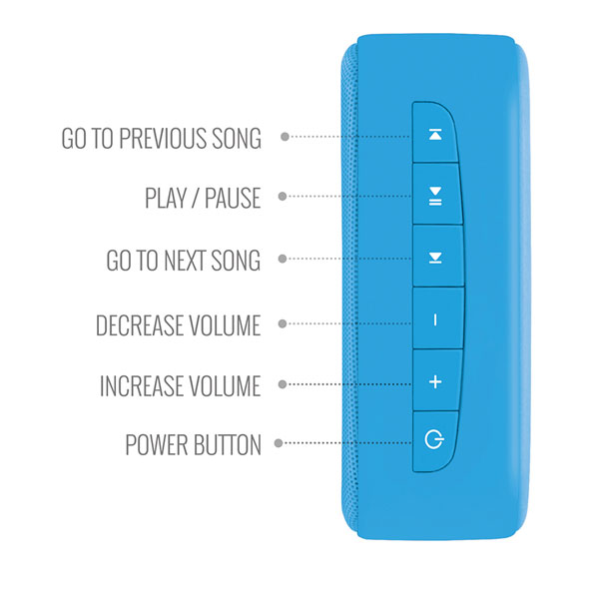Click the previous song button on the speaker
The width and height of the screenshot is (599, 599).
pyautogui.click(x=435, y=135)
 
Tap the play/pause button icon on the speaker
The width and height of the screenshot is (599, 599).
pyautogui.click(x=435, y=197)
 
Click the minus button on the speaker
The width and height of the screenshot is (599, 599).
pyautogui.click(x=435, y=320)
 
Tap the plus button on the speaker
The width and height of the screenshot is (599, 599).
pyautogui.click(x=435, y=381)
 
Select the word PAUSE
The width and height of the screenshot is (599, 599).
pyautogui.click(x=233, y=198)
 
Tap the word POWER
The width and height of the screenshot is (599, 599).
pyautogui.click(x=157, y=444)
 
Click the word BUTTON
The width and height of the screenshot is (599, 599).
pyautogui.click(x=227, y=444)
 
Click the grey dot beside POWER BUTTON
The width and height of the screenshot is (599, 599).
pyautogui.click(x=279, y=443)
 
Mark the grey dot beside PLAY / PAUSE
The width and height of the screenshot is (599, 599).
pyautogui.click(x=283, y=197)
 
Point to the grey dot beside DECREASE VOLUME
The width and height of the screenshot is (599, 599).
pyautogui.click(x=283, y=323)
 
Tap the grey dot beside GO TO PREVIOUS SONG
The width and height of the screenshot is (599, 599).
pyautogui.click(x=285, y=137)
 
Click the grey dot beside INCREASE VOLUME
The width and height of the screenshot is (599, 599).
pyautogui.click(x=283, y=384)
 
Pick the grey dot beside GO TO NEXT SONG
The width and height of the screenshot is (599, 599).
pyautogui.click(x=283, y=259)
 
